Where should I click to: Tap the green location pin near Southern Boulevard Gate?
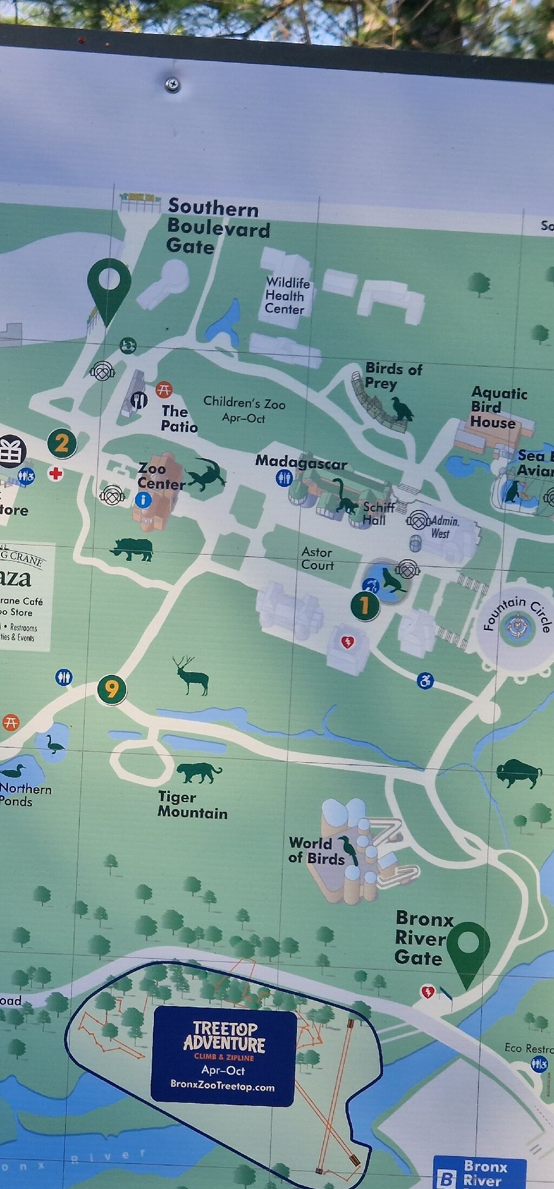point(109,287)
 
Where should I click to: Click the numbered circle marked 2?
point(62,444)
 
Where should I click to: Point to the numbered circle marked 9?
point(111,690)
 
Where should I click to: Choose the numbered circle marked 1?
point(365,606)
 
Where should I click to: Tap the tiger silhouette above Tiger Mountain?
point(199,772)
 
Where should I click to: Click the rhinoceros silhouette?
point(133,549)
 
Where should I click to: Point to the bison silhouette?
point(518,772)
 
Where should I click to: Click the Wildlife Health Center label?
point(287,296)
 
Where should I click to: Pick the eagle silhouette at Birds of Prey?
point(402,408)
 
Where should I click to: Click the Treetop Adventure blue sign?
point(223,1056)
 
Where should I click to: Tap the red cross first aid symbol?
point(55,474)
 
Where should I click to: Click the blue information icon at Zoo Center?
point(143,499)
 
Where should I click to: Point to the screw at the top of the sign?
point(172,85)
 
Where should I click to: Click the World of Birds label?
point(316,851)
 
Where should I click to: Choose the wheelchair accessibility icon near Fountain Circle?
point(425,681)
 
